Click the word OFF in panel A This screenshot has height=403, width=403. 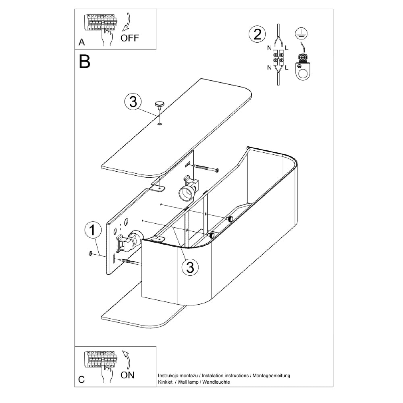pos(129,38)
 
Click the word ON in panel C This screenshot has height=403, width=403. pos(127,375)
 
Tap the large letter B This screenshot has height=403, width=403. pos(85,62)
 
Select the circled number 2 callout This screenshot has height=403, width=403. pos(257,35)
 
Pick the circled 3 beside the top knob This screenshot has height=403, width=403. pos(133,102)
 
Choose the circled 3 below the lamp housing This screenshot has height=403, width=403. pos(190,267)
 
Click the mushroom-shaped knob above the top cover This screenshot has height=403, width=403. pos(159,105)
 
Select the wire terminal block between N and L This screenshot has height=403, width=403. pos(278,58)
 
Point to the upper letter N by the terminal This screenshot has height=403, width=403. pos(269,48)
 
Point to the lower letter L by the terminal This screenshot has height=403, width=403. pos(287,68)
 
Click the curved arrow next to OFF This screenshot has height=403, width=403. pos(128,22)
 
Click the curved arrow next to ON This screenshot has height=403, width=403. pos(127,360)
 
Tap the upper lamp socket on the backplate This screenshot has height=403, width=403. pos(189,188)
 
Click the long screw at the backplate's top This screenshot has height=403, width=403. pos(204,168)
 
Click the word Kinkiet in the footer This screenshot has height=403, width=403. pos(165,382)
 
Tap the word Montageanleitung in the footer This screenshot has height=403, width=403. pos(271,376)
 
